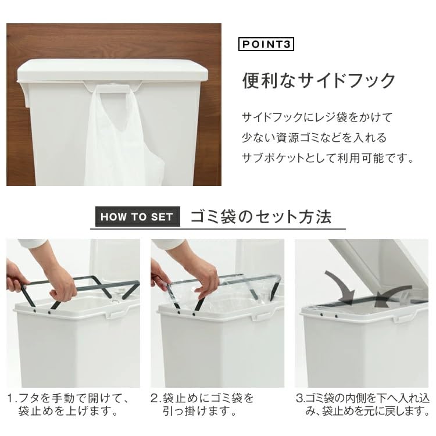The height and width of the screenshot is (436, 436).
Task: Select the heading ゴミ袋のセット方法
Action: [x=261, y=217]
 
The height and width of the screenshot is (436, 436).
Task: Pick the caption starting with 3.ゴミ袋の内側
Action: [x=363, y=405]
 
